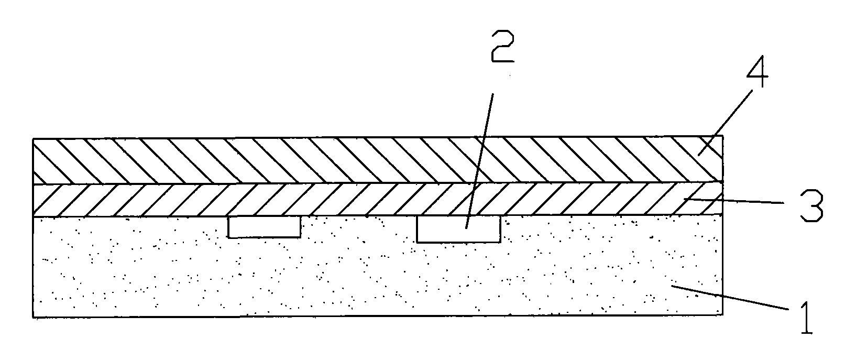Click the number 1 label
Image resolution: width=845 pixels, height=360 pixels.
[807, 318]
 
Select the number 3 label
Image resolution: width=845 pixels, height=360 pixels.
[811, 205]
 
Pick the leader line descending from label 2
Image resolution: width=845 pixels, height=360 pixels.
[480, 161]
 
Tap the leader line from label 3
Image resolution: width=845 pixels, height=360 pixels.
[734, 201]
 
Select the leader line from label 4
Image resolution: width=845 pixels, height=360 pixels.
[725, 122]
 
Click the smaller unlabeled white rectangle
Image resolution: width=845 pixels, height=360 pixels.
[264, 227]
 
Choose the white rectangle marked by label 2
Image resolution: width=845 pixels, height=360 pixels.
[459, 228]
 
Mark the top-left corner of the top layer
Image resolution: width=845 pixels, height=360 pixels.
[33, 139]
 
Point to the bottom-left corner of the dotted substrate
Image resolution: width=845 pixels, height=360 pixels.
[33, 318]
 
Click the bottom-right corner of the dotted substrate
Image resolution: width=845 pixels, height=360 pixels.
[723, 314]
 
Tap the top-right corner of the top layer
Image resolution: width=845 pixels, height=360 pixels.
[723, 136]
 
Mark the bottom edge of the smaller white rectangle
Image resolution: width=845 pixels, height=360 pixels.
[264, 237]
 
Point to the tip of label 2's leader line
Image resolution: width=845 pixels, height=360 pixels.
[466, 228]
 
